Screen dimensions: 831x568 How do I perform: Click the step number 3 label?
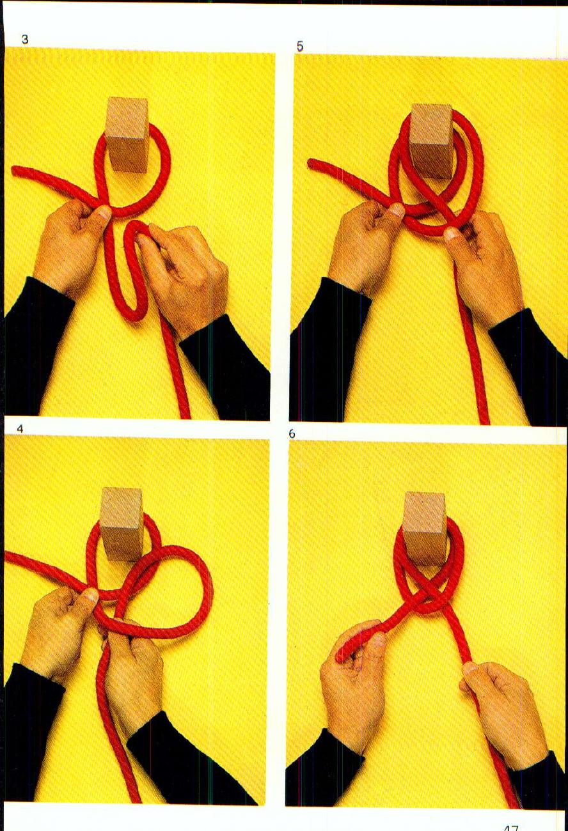25,40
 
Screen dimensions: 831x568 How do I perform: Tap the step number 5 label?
299,46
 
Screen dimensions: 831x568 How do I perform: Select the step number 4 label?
20,429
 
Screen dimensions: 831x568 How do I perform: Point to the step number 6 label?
292,434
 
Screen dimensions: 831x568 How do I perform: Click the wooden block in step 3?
127,134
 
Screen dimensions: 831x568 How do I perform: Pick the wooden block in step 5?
430,141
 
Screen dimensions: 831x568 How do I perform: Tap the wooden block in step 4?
122,523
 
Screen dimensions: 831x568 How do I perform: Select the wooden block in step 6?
424,527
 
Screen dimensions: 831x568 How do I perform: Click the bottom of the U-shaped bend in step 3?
131,314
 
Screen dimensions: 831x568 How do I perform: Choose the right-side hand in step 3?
185,275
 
